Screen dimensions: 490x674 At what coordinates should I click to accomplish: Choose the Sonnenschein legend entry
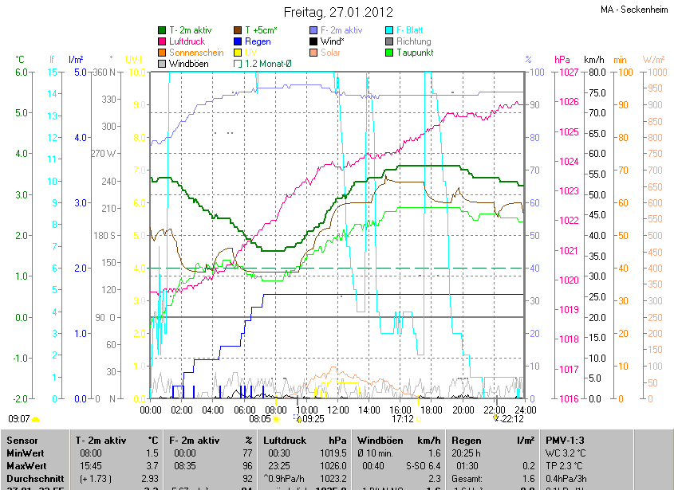pos(196,53)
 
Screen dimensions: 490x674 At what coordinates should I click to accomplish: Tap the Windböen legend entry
pos(190,64)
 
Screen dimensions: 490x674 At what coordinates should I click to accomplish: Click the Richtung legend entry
pos(413,41)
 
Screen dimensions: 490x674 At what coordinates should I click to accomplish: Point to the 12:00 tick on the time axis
pos(338,410)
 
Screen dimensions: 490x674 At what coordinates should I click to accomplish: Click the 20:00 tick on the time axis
pos(463,410)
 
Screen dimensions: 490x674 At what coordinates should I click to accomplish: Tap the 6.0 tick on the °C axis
pos(22,73)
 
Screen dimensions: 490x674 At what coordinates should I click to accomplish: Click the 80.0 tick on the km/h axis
pos(594,73)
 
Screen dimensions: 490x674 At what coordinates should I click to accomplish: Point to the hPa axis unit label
pos(562,60)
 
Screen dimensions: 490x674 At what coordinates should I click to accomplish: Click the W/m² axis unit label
pos(653,60)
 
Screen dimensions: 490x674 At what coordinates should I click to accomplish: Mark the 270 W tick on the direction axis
pos(104,154)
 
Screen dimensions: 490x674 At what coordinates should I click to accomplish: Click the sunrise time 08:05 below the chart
pos(260,418)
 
